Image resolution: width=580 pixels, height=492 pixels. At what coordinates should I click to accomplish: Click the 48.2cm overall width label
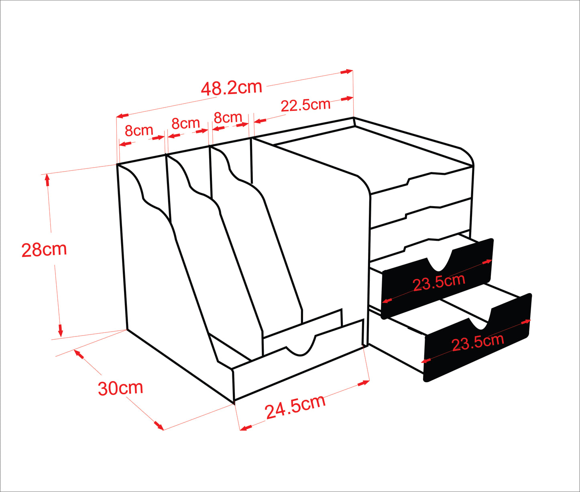click(232, 88)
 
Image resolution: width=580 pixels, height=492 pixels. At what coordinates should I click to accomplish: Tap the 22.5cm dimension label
click(305, 105)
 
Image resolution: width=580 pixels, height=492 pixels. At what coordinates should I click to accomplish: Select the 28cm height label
click(44, 249)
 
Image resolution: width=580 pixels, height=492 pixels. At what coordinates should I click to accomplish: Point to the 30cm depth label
click(120, 388)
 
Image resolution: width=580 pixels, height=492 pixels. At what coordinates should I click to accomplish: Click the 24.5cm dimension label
click(295, 406)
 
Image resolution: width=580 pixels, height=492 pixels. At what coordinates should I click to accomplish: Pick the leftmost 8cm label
click(139, 130)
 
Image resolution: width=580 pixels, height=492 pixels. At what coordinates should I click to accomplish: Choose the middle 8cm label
click(185, 123)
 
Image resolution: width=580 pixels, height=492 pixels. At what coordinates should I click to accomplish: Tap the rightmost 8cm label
click(228, 117)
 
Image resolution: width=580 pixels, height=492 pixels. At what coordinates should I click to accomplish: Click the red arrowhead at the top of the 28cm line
click(47, 180)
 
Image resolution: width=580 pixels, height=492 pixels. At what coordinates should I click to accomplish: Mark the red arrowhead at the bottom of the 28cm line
click(60, 330)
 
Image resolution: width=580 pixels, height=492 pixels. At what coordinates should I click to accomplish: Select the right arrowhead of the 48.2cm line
click(346, 72)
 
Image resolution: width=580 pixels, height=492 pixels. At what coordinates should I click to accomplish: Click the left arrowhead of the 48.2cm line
click(122, 115)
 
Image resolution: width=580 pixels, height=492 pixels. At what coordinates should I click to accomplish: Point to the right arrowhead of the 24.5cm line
click(363, 383)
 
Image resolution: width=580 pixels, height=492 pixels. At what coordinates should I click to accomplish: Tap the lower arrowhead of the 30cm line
click(158, 425)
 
